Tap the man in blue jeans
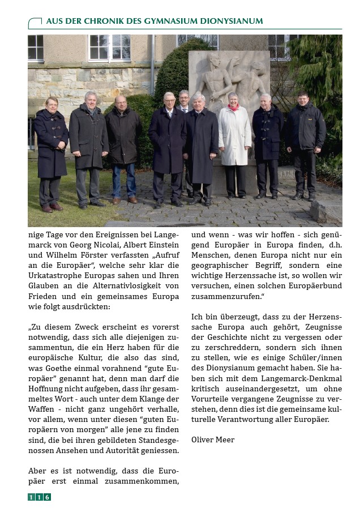pos(124,147)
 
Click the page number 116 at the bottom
pos(39,497)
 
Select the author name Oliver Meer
pos(213,440)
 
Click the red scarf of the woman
pos(233,107)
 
